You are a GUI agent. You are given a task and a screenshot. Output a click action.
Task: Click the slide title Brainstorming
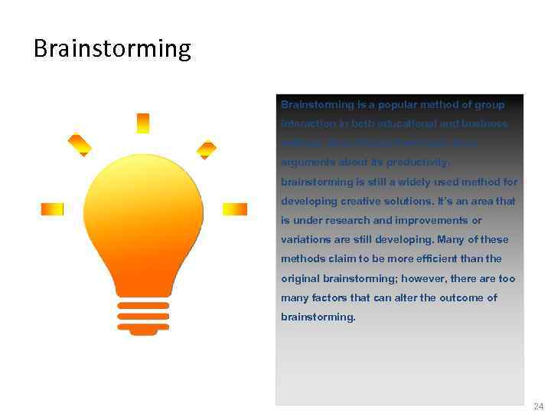[x=112, y=49]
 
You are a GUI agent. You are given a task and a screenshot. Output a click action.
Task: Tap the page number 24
[x=538, y=406]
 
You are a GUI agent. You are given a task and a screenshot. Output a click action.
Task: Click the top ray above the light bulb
[x=143, y=123]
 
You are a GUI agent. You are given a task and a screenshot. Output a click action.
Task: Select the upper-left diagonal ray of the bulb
[x=80, y=144]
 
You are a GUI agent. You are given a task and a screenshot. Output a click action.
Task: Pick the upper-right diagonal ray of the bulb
[x=207, y=148]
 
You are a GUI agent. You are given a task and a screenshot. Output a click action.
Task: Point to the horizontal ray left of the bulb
[x=52, y=209]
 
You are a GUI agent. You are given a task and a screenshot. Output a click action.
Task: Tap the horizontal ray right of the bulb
[x=234, y=209]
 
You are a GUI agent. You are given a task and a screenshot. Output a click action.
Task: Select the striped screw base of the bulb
[x=143, y=314]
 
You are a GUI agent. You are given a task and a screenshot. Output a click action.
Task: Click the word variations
[x=306, y=240]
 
